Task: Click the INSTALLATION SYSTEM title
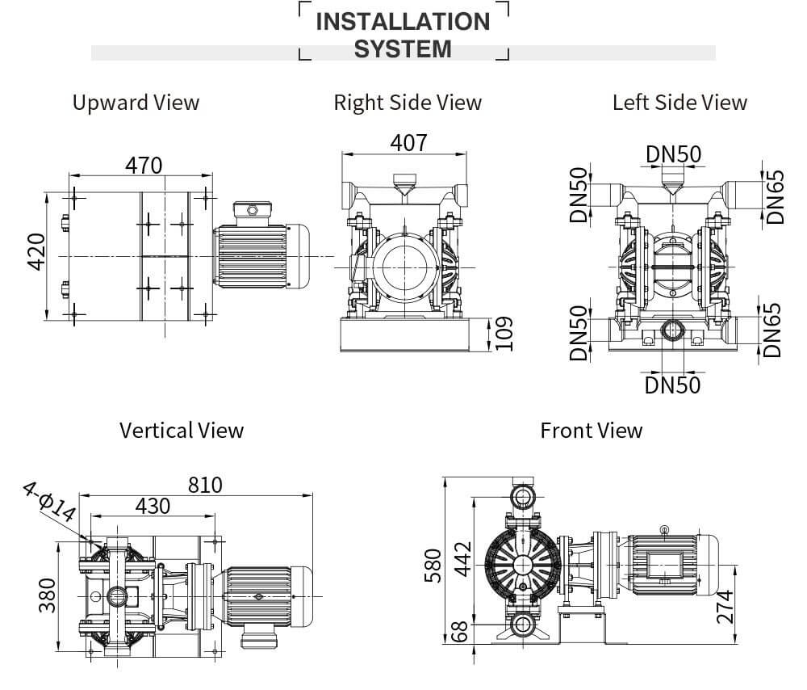[x=403, y=35]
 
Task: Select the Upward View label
[x=136, y=103]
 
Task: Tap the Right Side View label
[x=408, y=103]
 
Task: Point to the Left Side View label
[x=679, y=103]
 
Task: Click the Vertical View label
[x=182, y=430]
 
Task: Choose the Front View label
[x=592, y=430]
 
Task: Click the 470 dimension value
[x=144, y=165]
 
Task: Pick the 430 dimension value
[x=153, y=506]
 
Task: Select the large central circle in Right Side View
[x=404, y=267]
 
